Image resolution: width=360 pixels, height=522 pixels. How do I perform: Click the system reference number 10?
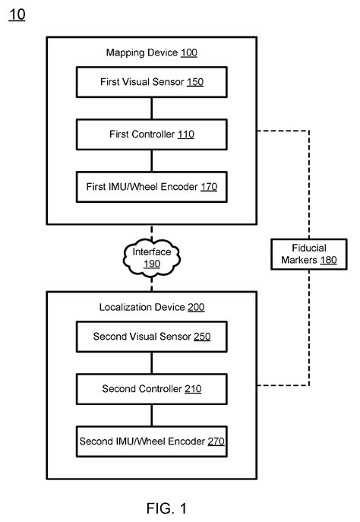[x=16, y=15]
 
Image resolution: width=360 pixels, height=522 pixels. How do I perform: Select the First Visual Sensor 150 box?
[x=151, y=81]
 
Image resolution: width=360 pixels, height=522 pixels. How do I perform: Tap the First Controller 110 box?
[x=151, y=134]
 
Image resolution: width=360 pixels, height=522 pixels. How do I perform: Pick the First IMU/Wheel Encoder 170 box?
[x=151, y=185]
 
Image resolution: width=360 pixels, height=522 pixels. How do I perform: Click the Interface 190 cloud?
[x=151, y=258]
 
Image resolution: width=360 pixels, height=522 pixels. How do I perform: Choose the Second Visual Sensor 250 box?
[x=151, y=336]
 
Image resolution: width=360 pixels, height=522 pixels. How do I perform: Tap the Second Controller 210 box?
[x=151, y=388]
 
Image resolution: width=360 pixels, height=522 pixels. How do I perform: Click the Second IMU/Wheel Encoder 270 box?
[x=151, y=440]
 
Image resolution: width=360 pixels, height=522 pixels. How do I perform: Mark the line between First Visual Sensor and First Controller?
[x=151, y=107]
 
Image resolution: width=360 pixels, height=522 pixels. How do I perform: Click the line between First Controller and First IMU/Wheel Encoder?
[x=151, y=160]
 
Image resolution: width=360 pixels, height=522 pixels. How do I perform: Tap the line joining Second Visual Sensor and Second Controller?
[x=151, y=362]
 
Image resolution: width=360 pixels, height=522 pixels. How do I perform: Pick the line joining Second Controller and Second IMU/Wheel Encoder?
[x=151, y=414]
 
